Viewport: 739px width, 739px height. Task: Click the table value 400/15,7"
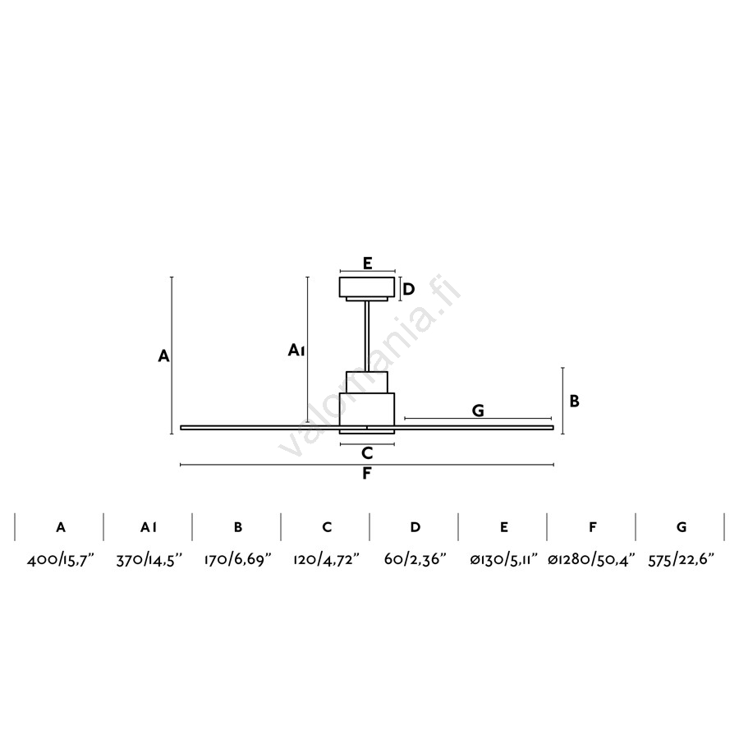pos(61,560)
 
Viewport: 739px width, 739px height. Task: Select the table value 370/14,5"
pos(149,560)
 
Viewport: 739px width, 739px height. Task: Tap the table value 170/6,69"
pos(238,560)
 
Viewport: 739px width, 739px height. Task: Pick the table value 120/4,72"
pos(327,560)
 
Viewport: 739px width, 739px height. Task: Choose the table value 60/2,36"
pos(415,560)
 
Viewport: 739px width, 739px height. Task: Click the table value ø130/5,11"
pos(504,560)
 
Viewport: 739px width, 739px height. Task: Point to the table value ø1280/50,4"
pos(592,560)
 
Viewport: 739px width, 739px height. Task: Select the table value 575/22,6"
pos(682,560)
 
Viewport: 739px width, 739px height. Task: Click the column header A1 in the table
pos(149,527)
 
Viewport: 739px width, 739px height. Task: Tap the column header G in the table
pos(682,527)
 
